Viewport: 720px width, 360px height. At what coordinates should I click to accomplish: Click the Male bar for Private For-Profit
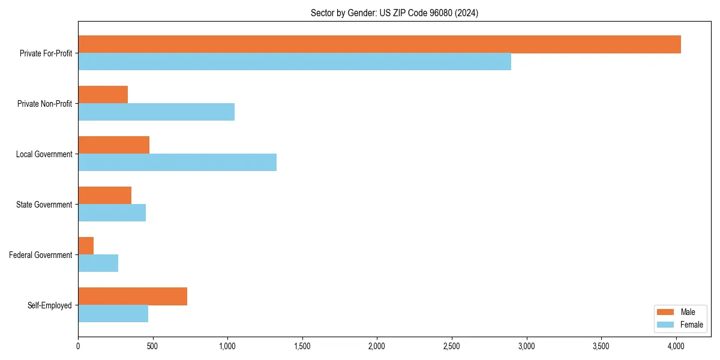(379, 44)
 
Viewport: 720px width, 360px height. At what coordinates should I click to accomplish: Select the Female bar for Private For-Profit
(295, 62)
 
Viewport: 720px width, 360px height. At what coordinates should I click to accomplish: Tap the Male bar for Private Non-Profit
(103, 95)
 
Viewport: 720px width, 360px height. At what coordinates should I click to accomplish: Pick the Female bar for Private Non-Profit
(156, 112)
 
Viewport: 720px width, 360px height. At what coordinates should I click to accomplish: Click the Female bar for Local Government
(177, 163)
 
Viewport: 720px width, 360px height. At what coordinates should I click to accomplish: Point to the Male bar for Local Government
(113, 145)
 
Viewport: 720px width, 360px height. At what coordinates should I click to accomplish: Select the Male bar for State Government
(104, 196)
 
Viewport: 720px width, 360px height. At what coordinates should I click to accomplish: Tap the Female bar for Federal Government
(98, 263)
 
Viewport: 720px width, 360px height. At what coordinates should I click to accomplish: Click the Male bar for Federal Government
(86, 246)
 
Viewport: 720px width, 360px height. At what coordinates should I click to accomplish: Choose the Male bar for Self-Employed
(133, 296)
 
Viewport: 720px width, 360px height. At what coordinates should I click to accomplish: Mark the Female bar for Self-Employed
(113, 314)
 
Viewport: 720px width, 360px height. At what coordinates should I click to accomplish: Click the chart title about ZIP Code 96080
(394, 13)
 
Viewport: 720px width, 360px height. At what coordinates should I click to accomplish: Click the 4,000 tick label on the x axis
(676, 346)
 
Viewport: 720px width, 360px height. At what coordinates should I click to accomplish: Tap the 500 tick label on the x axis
(152, 346)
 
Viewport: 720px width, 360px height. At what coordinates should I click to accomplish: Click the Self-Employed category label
(50, 305)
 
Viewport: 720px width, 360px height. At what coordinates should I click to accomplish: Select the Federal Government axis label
(41, 255)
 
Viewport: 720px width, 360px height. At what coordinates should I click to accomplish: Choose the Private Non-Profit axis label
(44, 104)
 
